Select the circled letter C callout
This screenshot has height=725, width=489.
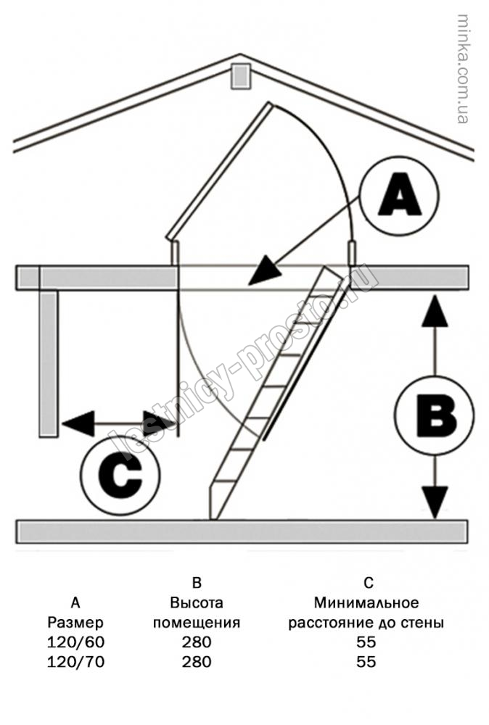point(120,476)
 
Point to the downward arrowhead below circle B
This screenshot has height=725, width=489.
point(433,502)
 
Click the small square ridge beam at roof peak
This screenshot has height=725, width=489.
point(239,76)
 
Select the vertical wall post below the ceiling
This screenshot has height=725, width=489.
point(48,362)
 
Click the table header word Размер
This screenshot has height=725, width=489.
point(76,622)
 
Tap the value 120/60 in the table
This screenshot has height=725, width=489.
point(76,642)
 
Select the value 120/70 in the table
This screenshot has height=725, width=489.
point(76,661)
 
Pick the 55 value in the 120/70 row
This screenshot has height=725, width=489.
point(366,661)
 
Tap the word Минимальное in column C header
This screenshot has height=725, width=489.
point(366,602)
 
